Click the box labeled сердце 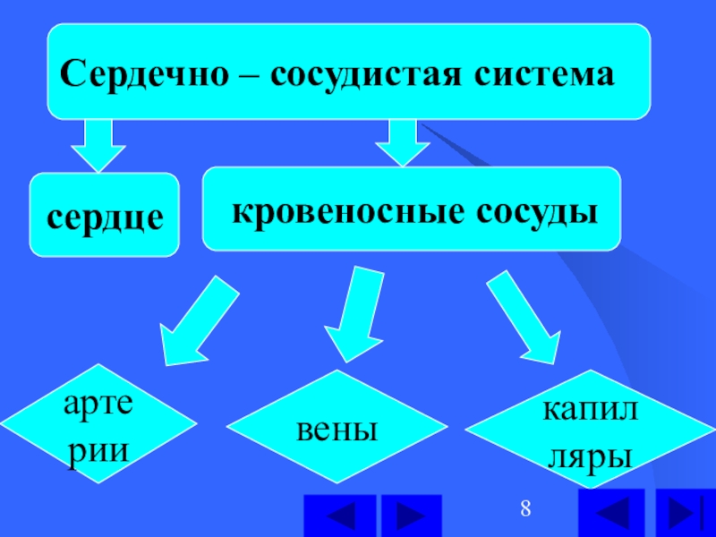105,215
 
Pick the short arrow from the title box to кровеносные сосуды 404,141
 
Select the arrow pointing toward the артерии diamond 197,321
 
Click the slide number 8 526,511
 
